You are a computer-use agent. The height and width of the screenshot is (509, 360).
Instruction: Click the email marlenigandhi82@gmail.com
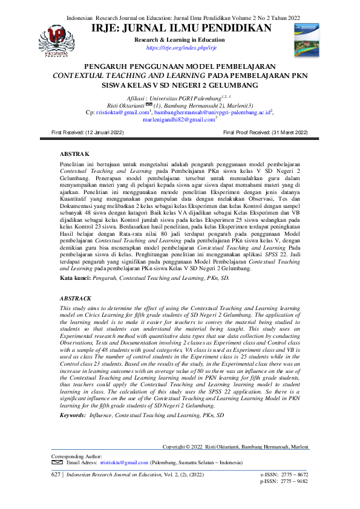point(179,120)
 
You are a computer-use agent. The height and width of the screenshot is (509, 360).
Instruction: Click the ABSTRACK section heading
point(76,299)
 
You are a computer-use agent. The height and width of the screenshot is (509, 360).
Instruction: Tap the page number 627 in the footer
point(56,476)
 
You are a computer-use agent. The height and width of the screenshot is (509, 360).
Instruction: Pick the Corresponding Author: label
point(77,456)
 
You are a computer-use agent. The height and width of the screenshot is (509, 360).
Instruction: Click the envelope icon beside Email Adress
point(57,462)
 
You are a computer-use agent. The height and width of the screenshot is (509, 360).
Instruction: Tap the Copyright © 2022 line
point(236,447)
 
